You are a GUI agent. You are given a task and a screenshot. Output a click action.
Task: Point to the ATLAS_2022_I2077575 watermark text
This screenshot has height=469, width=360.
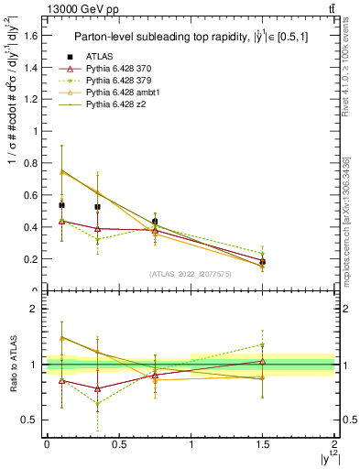(x=190, y=274)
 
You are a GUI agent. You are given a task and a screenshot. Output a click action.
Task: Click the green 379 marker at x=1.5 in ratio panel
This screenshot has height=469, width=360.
(x=263, y=344)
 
